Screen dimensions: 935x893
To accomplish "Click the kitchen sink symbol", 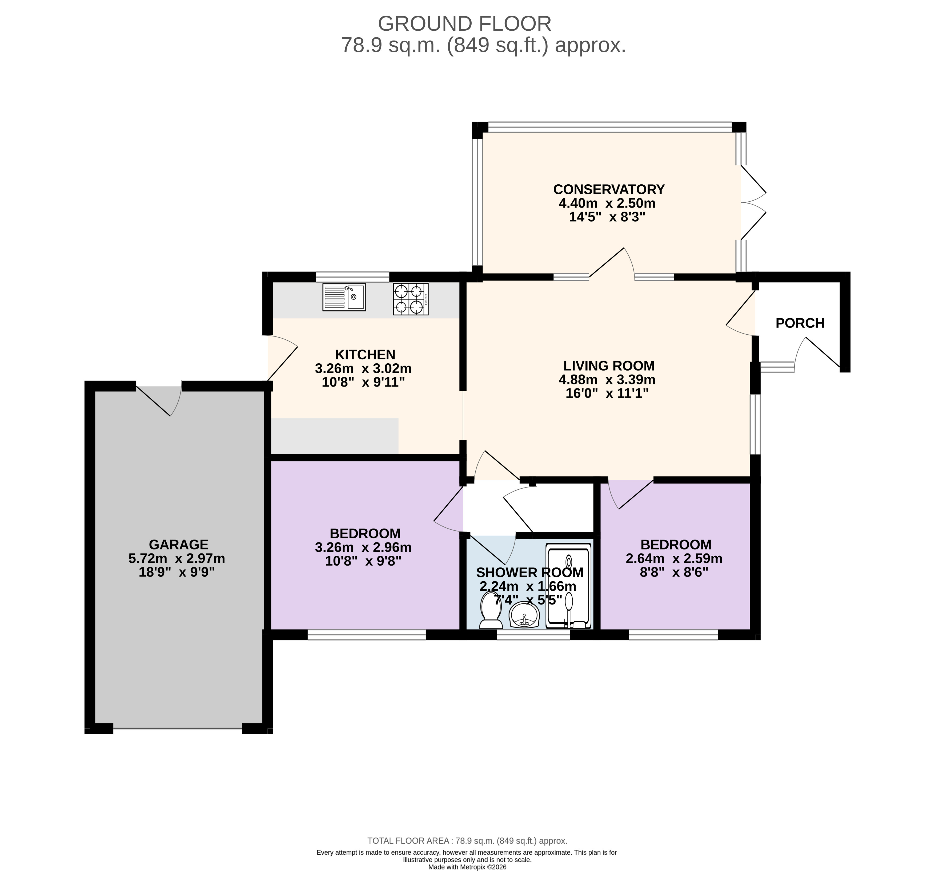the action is (x=344, y=297).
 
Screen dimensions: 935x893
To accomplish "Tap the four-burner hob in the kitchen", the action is (x=411, y=299).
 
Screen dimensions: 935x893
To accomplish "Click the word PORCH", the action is (x=800, y=323).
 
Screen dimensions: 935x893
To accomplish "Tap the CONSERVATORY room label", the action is (x=609, y=189).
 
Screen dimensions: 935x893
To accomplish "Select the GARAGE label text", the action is (x=179, y=545).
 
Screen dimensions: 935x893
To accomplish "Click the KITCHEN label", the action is (x=365, y=355).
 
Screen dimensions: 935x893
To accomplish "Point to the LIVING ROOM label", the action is (x=609, y=366).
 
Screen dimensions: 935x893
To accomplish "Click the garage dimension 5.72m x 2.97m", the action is (x=177, y=558).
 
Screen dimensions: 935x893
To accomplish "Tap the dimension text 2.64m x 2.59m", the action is (x=674, y=558).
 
